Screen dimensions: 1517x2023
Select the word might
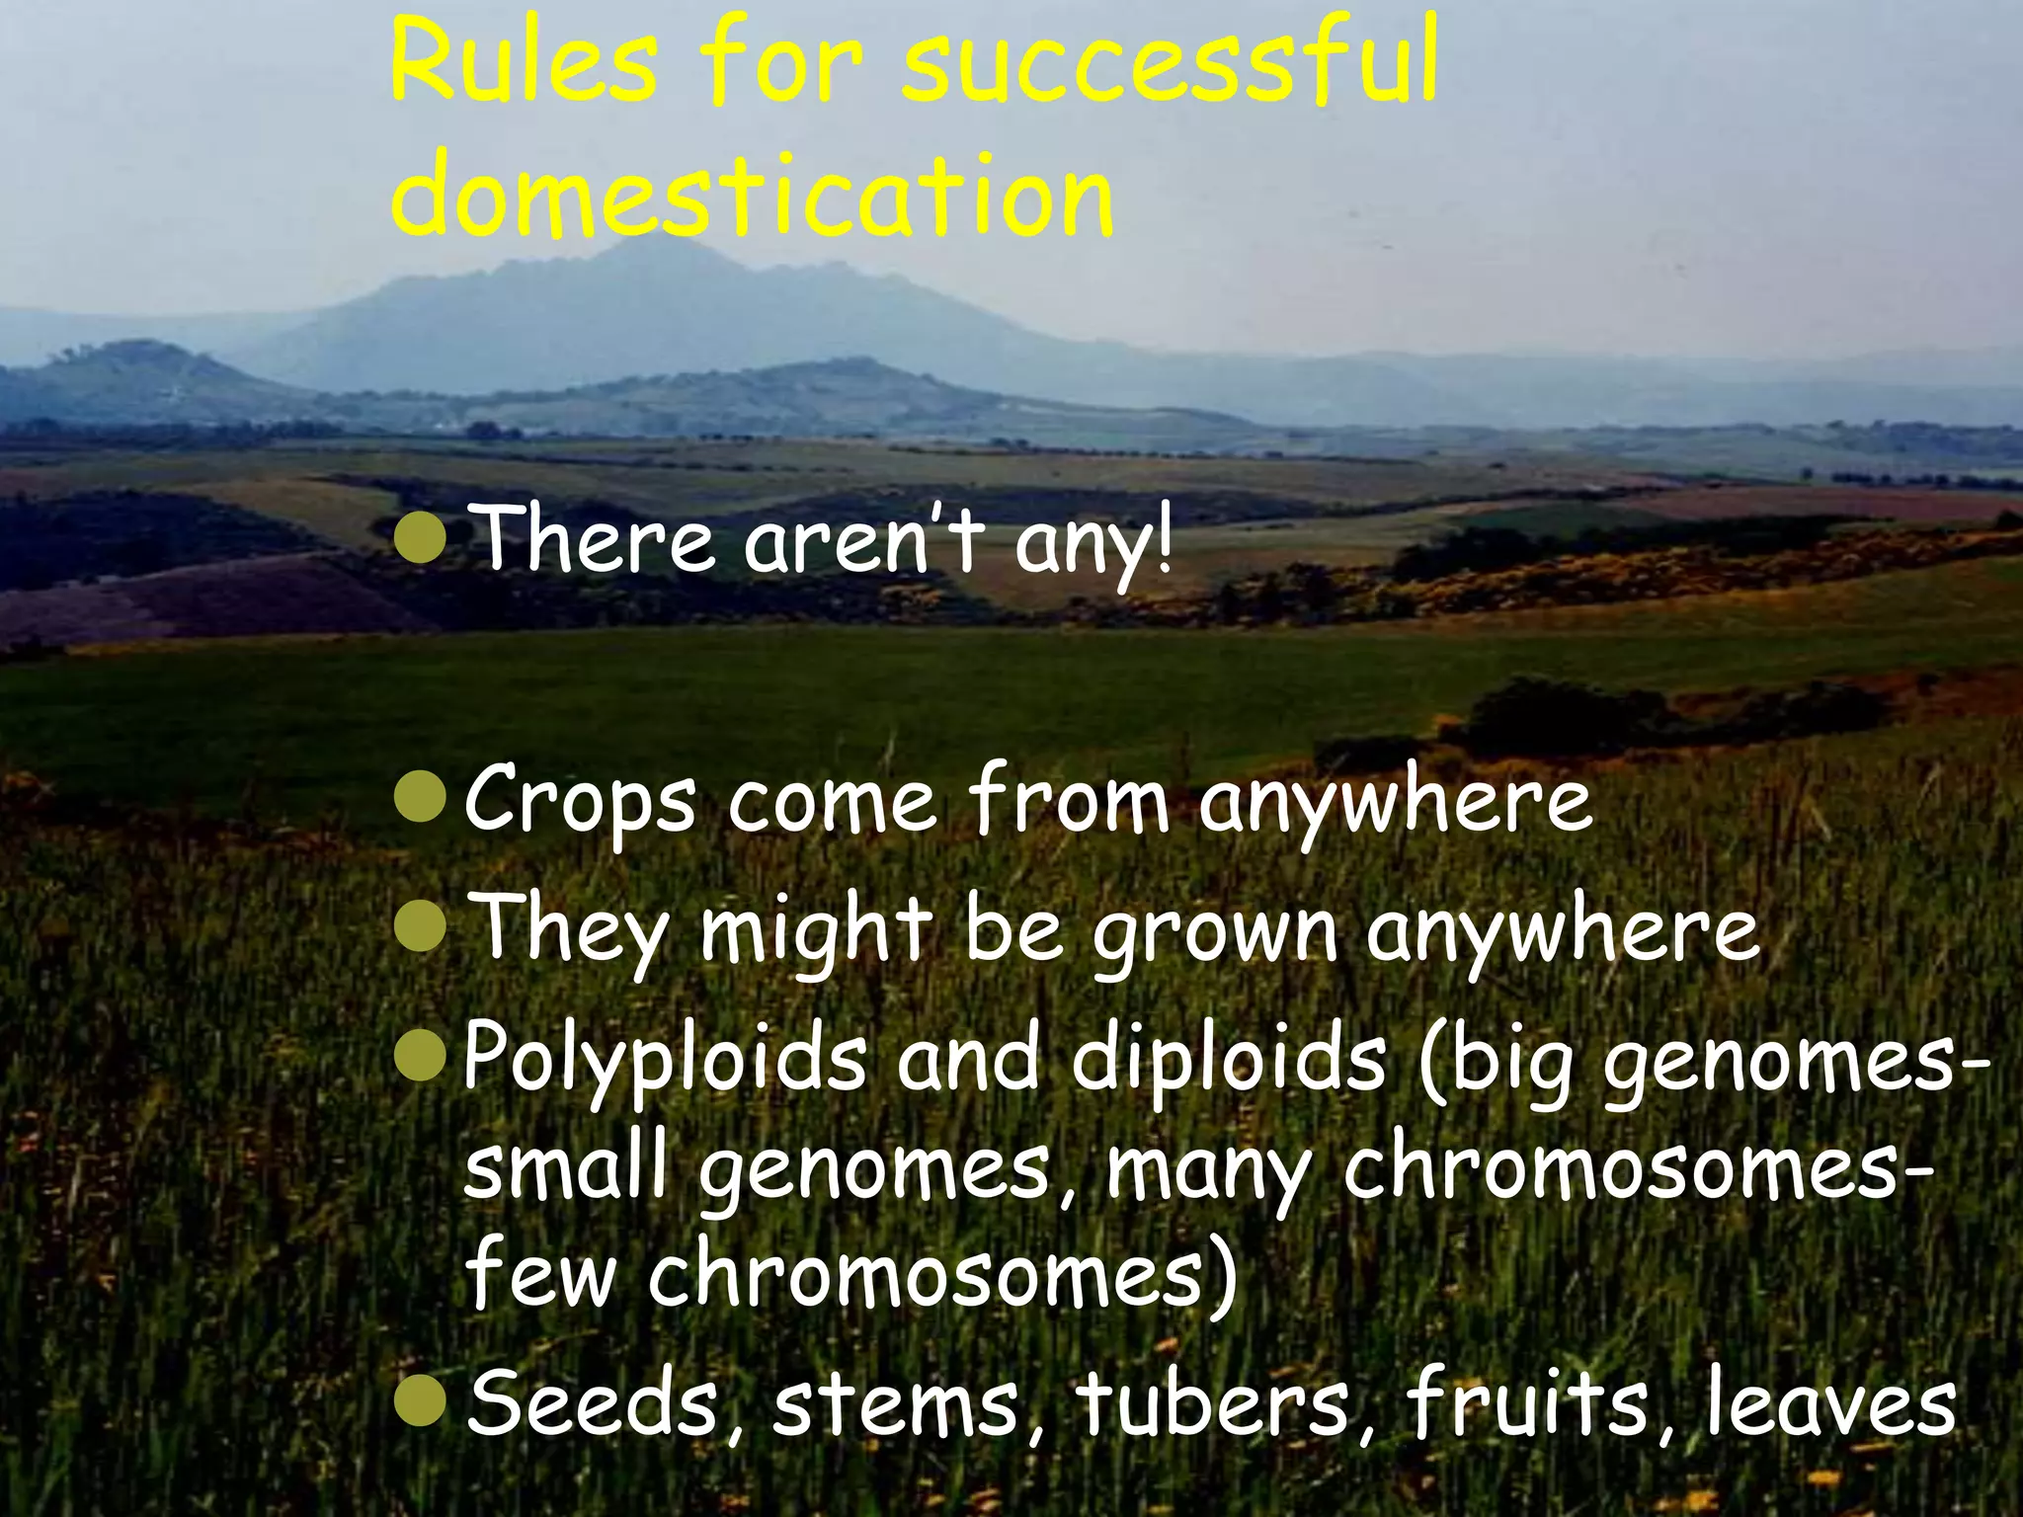click(x=816, y=932)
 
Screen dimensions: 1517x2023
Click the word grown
click(x=1214, y=934)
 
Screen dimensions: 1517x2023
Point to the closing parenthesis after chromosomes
click(x=1222, y=1278)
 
